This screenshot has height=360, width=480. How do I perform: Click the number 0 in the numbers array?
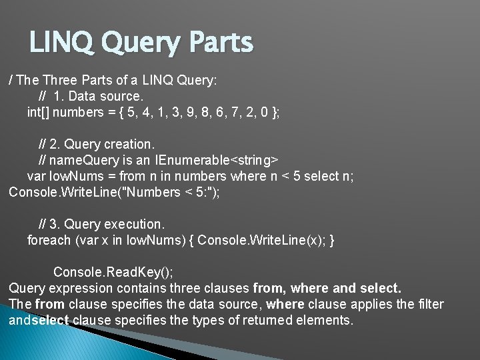[266, 112]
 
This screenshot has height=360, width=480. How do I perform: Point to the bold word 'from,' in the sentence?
[270, 288]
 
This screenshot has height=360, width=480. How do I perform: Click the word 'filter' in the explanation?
[431, 304]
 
